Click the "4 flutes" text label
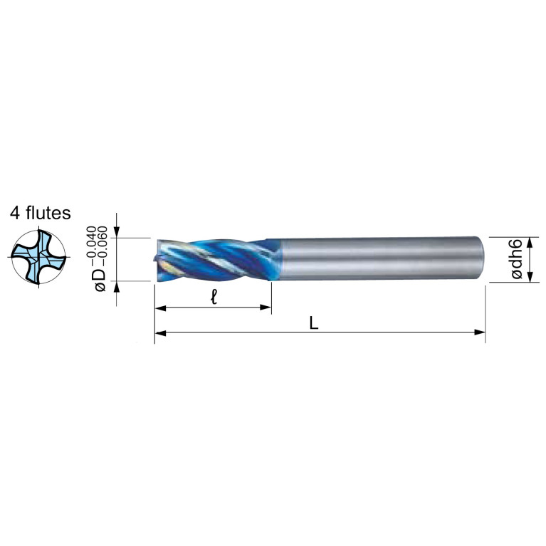[40, 213]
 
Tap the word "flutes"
[48, 213]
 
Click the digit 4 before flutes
[15, 214]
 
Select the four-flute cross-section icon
[38, 257]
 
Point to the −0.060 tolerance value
[102, 246]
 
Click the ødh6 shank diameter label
[517, 258]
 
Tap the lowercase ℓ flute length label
[214, 298]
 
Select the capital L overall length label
[314, 324]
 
